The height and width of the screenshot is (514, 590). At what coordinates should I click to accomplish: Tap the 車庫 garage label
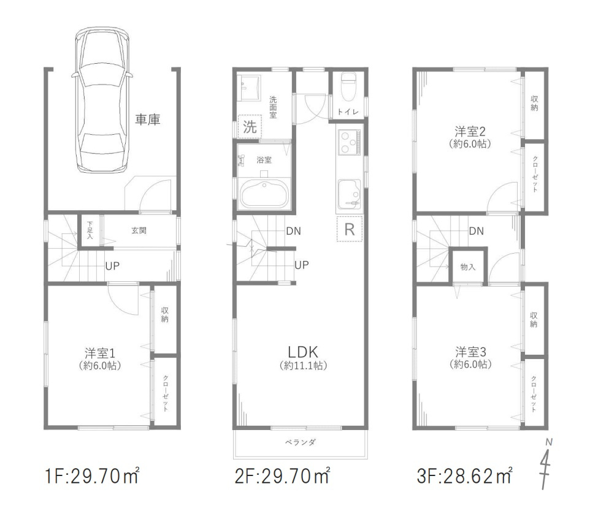point(147,120)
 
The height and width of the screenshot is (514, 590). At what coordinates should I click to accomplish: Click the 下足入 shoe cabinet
point(90,231)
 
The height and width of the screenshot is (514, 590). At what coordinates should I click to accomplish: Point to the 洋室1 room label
point(101,353)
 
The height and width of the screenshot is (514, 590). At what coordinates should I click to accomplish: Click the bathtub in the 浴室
point(263,193)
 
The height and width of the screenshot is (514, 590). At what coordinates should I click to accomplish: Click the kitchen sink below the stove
point(348,194)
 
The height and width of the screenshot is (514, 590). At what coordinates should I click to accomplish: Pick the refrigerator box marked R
point(349,230)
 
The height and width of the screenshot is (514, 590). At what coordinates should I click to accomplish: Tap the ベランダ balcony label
point(300,442)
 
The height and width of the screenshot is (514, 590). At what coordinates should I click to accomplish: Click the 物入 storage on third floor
point(468,267)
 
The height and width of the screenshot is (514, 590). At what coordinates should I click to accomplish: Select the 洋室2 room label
point(470,130)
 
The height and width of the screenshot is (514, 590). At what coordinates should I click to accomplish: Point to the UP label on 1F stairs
point(112,266)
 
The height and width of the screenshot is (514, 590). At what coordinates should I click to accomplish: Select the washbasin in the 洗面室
point(250,86)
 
